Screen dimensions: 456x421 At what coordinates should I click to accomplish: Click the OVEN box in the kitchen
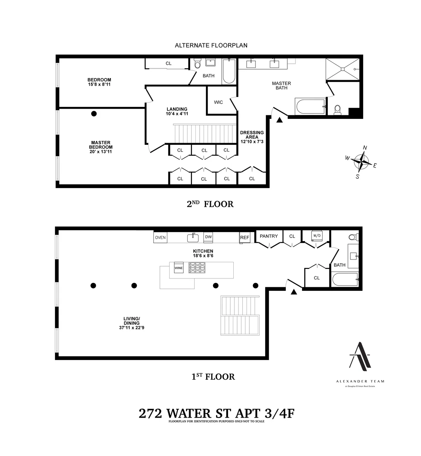coord(160,238)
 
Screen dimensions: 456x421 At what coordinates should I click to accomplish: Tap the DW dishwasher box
coord(208,237)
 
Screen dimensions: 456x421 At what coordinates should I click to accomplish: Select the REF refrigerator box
coord(245,238)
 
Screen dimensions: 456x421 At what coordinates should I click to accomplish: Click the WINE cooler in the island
coord(179,268)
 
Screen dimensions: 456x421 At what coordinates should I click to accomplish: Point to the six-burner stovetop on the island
coord(197,268)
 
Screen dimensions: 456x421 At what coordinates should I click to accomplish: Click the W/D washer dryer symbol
coord(316,235)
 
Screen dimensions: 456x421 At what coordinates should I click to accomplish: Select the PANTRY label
coord(269,236)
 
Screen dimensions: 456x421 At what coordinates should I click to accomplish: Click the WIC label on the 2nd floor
coord(218,102)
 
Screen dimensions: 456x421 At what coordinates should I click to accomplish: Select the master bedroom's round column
coord(94,114)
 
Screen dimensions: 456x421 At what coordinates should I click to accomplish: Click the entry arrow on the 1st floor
coord(294,291)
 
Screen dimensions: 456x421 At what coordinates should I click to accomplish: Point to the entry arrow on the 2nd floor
coord(280,120)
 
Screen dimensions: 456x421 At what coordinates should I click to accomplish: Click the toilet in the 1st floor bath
coord(352,237)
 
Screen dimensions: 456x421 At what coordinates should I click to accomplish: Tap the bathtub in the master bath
coord(310,106)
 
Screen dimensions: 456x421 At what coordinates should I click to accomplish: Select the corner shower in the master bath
coord(342,69)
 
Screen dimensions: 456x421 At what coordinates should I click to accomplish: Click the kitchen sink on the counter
coord(193,238)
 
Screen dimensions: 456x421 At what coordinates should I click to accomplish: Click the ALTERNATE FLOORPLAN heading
coord(211,45)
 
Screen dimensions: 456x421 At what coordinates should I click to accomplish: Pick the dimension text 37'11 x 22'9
coord(132,328)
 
